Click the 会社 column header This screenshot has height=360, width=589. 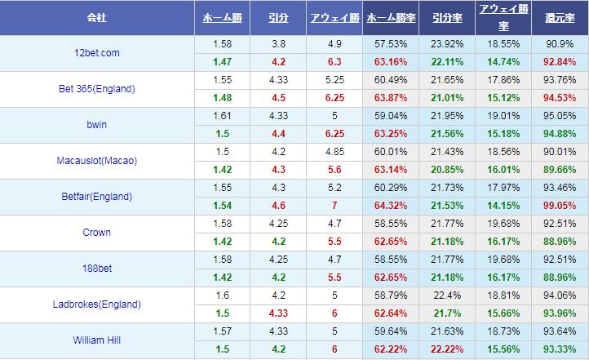click(x=96, y=17)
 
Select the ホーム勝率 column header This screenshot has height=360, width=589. click(x=391, y=17)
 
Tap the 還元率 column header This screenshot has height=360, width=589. click(x=560, y=17)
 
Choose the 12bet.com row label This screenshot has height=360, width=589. click(x=96, y=53)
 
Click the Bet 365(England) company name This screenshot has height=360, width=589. click(x=96, y=89)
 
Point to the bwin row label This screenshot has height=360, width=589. click(x=96, y=125)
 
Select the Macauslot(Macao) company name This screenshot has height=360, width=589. click(x=96, y=161)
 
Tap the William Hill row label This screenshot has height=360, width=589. click(x=96, y=340)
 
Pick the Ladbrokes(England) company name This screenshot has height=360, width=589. click(x=96, y=304)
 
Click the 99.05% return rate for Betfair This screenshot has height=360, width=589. click(x=560, y=206)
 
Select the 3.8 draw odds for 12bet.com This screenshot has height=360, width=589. click(x=277, y=43)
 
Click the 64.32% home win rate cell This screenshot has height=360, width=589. click(x=391, y=206)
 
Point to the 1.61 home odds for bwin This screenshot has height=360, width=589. click(x=221, y=116)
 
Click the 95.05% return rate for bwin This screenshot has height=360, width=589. click(x=560, y=116)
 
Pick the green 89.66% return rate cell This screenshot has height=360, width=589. click(x=560, y=170)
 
